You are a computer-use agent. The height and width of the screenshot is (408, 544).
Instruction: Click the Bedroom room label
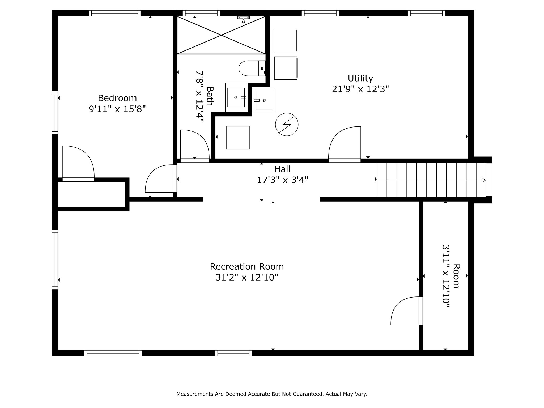point(117,98)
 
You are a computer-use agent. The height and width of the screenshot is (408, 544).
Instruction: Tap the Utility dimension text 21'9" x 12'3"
point(360,89)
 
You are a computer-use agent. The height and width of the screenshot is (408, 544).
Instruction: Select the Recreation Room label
point(247,266)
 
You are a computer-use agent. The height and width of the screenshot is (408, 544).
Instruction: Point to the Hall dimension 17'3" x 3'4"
point(282,180)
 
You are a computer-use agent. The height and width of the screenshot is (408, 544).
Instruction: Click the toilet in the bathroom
point(252,68)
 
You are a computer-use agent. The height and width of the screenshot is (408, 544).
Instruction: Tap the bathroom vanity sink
point(236,97)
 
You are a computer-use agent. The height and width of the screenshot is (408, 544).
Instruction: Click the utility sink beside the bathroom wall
point(263,100)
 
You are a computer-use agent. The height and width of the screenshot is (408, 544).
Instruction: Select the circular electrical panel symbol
point(287,125)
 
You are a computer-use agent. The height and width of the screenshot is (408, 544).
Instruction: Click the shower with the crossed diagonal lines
point(221,35)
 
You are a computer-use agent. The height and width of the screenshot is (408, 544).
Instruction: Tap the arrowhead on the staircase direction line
point(484,180)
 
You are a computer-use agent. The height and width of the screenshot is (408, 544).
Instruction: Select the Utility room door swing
point(345,144)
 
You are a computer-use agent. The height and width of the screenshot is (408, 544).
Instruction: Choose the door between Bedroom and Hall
point(161,178)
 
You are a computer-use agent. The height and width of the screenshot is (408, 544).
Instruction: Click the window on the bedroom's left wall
point(55,113)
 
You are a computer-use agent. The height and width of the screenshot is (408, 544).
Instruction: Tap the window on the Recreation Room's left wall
point(55,260)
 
